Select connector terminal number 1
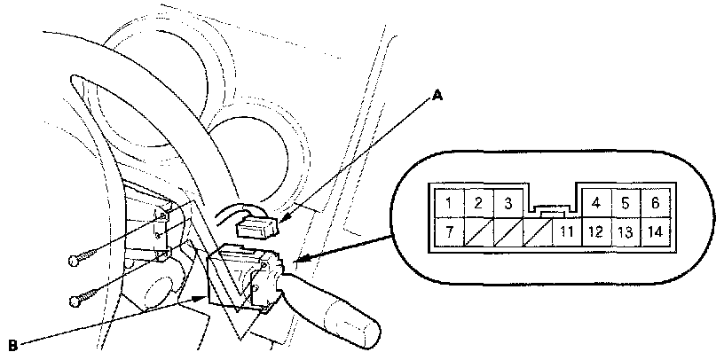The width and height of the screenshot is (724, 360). click(450, 203)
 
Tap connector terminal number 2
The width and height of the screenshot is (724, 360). click(478, 203)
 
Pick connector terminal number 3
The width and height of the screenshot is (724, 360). click(507, 203)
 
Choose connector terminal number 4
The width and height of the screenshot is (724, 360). click(595, 203)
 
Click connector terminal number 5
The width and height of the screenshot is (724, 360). click(625, 203)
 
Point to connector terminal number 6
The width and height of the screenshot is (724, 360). click(654, 203)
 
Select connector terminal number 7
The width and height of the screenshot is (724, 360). click(450, 233)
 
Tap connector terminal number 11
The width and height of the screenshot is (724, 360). click(566, 233)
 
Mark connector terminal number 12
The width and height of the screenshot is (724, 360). click(595, 233)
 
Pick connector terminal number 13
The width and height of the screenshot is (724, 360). click(625, 233)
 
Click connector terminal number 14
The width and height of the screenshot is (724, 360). click(655, 233)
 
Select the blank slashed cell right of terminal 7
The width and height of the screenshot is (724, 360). click(478, 233)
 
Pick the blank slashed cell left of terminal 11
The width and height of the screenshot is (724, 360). click(537, 233)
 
